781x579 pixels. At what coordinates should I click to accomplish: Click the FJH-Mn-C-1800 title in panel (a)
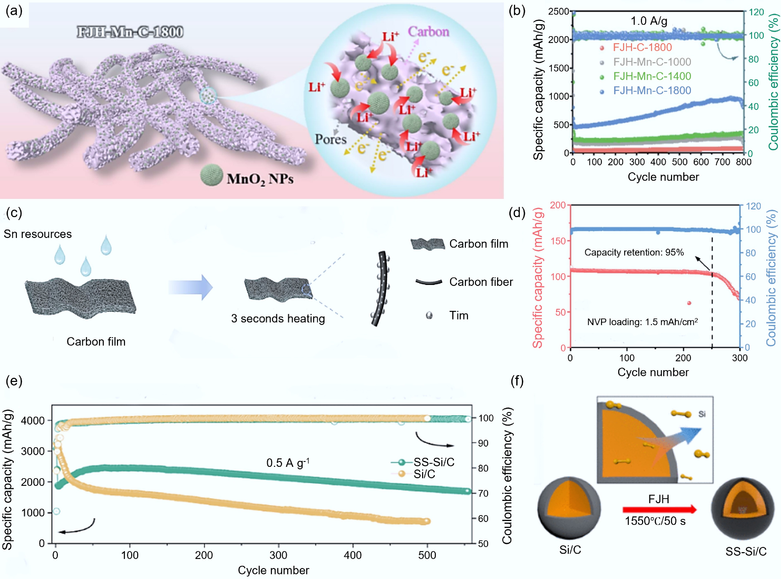tap(130, 32)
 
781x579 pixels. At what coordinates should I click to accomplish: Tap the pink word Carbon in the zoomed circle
tap(428, 32)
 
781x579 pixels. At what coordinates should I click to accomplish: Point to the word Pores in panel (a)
tap(330, 139)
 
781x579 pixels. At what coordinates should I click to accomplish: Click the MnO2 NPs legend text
tap(260, 179)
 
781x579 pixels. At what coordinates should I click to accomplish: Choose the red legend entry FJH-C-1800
tap(642, 47)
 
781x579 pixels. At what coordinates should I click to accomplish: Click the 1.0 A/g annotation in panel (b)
tap(649, 21)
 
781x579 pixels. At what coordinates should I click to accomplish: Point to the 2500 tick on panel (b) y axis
tap(558, 12)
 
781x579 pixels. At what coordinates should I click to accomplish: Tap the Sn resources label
tap(38, 234)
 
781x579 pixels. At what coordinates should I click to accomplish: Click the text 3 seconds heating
tap(278, 318)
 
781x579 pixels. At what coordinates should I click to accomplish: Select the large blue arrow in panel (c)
tap(190, 287)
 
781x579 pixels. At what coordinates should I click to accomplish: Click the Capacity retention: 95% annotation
tap(634, 252)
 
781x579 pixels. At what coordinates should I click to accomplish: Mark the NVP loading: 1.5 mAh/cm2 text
tap(642, 322)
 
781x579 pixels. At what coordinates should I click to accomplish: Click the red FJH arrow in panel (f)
tap(659, 509)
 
